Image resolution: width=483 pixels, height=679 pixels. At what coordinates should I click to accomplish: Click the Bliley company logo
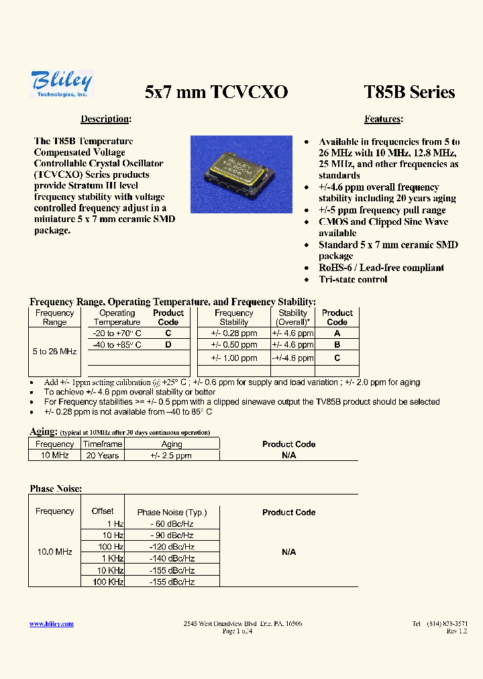coord(61,84)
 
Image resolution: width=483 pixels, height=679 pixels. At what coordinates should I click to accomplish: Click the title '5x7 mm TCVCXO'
coord(216,93)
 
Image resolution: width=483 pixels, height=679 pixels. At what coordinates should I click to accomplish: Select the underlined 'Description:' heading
coord(105,119)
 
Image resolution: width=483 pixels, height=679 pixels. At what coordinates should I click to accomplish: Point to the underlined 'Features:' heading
coord(383,119)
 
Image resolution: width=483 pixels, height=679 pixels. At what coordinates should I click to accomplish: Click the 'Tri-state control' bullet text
coord(353,279)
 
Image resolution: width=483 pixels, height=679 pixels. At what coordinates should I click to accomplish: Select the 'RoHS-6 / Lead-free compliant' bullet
coord(381,268)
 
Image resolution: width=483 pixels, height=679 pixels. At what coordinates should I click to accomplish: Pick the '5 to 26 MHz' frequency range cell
coord(54,352)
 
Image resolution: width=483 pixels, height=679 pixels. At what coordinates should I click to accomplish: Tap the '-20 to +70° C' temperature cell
coord(117,333)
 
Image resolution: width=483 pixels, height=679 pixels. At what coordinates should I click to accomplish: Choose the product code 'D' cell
coord(168,344)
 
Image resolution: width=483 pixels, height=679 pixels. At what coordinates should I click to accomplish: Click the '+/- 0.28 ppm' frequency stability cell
coord(233,333)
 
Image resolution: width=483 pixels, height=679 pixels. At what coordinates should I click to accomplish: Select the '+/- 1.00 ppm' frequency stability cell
coord(233,358)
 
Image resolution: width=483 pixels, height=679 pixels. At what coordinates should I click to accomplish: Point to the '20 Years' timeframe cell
coord(103,456)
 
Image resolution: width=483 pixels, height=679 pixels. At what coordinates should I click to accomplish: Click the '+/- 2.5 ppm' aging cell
coord(172,456)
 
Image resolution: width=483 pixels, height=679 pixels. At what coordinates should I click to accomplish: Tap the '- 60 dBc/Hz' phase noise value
coord(172,524)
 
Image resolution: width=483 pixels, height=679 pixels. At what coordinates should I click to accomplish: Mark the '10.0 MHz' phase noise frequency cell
coord(54,552)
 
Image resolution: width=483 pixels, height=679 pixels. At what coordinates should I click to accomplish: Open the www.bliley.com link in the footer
coord(52,624)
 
